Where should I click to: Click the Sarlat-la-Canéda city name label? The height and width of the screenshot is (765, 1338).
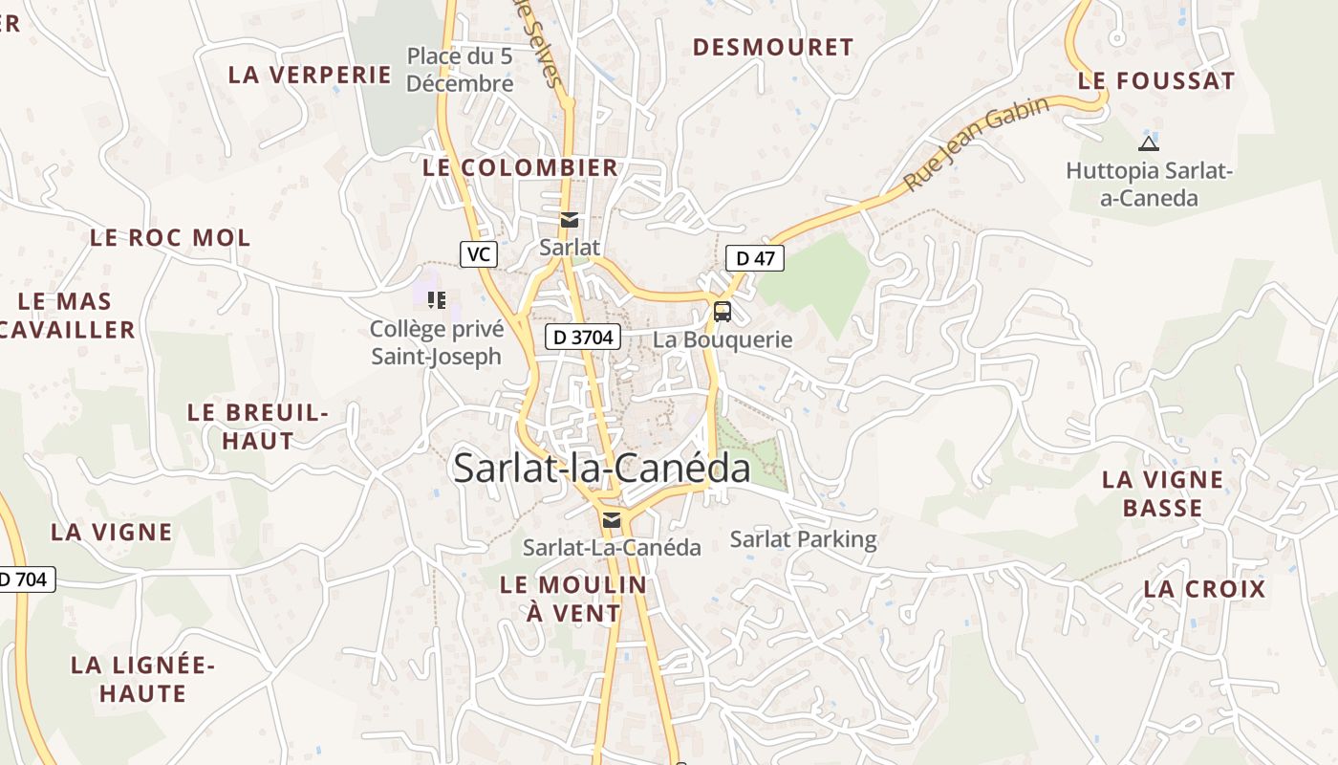(601, 469)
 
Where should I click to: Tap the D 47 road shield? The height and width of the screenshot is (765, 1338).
(755, 257)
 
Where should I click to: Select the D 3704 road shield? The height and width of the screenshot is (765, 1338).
(583, 337)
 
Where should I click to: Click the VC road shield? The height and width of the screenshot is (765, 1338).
(479, 254)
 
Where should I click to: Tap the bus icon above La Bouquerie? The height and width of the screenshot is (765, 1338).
(723, 311)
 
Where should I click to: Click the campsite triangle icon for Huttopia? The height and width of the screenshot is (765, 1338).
(1149, 143)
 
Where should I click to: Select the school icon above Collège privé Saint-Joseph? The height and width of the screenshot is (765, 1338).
(437, 300)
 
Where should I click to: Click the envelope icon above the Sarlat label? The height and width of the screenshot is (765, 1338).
(570, 220)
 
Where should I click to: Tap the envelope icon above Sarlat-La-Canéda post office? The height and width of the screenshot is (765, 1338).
(612, 520)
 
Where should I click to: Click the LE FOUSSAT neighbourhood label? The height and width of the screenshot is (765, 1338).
(1156, 81)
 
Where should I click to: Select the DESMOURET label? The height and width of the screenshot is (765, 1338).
(772, 47)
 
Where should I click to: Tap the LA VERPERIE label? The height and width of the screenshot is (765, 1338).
(310, 75)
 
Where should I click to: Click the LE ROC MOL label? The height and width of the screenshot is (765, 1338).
(170, 237)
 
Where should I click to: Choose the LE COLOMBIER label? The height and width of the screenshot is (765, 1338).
(520, 167)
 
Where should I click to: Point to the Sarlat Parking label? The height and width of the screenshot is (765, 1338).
(803, 539)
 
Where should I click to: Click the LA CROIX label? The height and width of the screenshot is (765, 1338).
(1204, 589)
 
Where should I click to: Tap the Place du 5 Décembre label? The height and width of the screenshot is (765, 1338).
(460, 70)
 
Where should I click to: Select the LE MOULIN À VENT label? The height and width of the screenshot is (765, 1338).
(573, 599)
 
